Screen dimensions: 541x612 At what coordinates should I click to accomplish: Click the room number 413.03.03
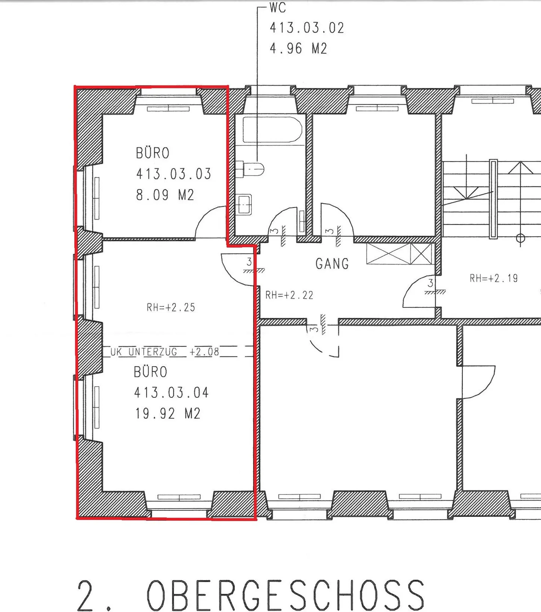[174, 174]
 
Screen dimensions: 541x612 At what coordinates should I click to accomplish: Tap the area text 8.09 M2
[165, 195]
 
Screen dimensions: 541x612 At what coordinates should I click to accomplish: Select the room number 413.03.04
[171, 393]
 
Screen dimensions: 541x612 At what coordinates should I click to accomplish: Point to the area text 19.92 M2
[168, 414]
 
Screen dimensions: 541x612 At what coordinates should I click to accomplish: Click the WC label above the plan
[278, 7]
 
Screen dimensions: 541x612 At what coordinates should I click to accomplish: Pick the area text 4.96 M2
[298, 48]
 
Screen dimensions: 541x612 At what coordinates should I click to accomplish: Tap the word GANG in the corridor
[332, 264]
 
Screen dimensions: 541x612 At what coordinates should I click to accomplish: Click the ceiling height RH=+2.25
[171, 308]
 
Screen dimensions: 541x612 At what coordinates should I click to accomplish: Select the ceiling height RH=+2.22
[289, 295]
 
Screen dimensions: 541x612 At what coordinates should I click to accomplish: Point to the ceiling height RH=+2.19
[494, 278]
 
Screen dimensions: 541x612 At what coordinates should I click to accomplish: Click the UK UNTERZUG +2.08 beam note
[165, 352]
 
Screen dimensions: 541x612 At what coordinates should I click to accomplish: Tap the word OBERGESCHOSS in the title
[286, 595]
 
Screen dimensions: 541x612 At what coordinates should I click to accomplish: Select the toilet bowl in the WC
[250, 169]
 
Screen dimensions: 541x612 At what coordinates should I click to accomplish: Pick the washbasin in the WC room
[244, 205]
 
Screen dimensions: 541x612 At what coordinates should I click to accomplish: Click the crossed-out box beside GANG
[399, 254]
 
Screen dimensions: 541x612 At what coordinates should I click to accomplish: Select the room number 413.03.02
[307, 28]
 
